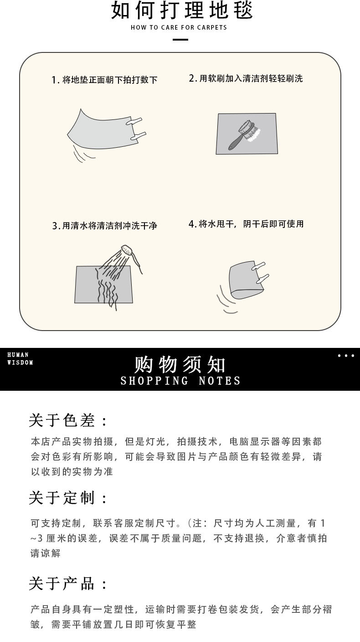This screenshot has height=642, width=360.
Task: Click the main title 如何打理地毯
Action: tap(181, 11)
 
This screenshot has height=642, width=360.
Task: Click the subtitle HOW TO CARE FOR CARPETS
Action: tap(179, 28)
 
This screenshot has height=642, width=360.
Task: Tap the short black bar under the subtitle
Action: tap(181, 40)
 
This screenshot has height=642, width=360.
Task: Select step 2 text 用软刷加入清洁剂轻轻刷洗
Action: tap(246, 78)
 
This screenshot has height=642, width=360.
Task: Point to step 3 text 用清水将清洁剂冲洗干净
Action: tap(105, 226)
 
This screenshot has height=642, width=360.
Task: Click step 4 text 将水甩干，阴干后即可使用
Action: tap(246, 224)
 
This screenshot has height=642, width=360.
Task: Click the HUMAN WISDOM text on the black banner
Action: tap(20, 359)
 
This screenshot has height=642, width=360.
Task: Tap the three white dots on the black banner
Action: tap(346, 356)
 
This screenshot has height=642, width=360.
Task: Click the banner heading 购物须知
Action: tap(180, 364)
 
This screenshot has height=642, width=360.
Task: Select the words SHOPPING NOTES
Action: tap(180, 381)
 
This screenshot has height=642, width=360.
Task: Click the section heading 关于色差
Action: tap(68, 420)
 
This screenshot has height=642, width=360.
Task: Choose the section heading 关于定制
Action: tap(68, 498)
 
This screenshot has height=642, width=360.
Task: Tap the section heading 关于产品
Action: tap(68, 583)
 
